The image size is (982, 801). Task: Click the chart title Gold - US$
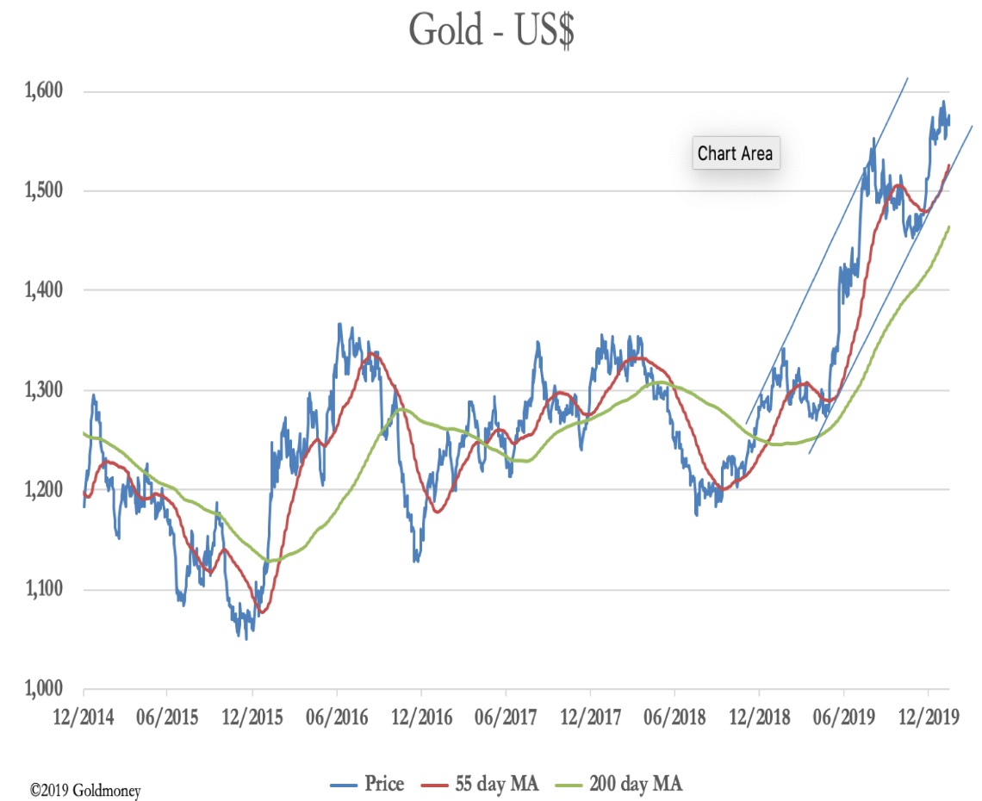pos(491,30)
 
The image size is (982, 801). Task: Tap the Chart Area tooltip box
pos(736,153)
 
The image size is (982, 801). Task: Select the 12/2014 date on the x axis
pos(84,717)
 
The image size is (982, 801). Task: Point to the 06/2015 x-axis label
pos(166,717)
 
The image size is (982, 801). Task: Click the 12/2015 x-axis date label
pos(252,717)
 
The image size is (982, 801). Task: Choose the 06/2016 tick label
pos(336,717)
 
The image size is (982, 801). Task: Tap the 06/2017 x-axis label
pos(506,717)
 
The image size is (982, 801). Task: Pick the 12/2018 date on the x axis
pos(759,717)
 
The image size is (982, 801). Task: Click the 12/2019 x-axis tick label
pos(928,717)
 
